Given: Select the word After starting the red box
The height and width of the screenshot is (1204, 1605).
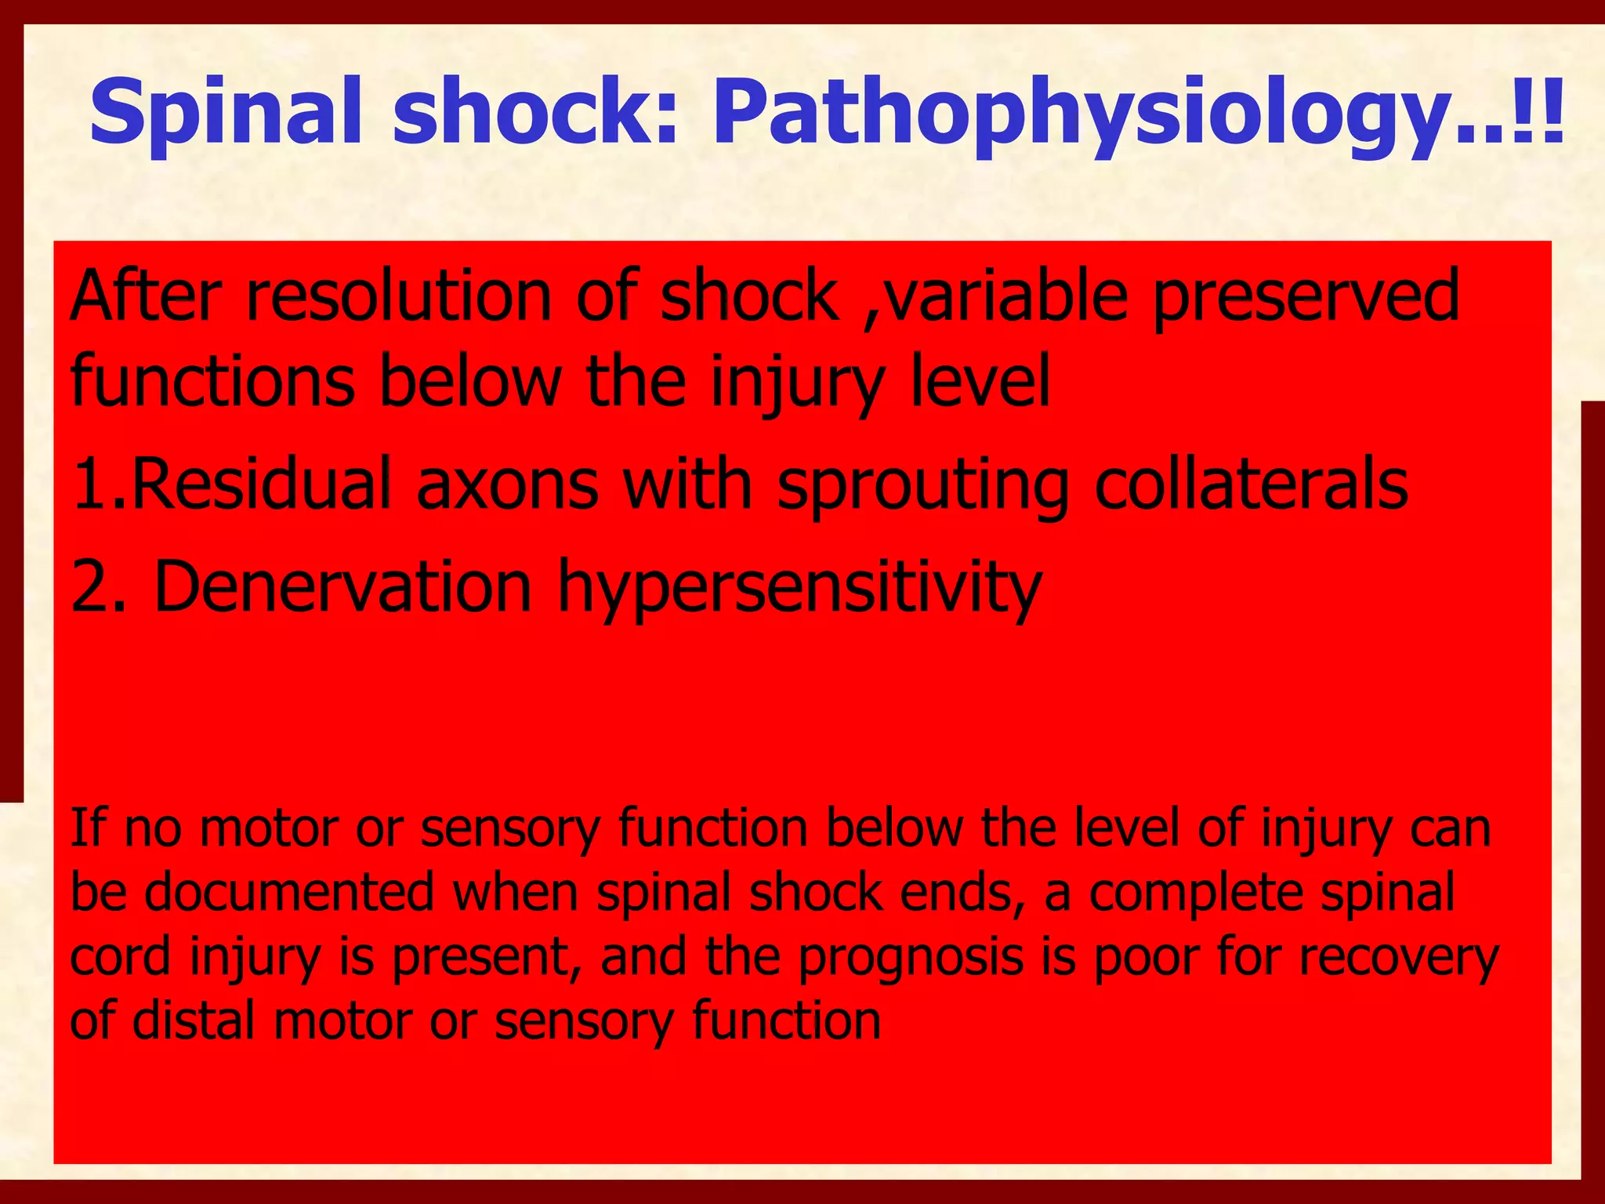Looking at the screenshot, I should (146, 296).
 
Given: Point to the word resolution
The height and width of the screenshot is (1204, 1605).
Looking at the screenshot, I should (399, 296).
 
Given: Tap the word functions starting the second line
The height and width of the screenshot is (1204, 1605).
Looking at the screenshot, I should (212, 381).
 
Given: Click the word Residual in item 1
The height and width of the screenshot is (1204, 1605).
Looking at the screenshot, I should (259, 484).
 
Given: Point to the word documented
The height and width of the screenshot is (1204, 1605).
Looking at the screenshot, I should (289, 892).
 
